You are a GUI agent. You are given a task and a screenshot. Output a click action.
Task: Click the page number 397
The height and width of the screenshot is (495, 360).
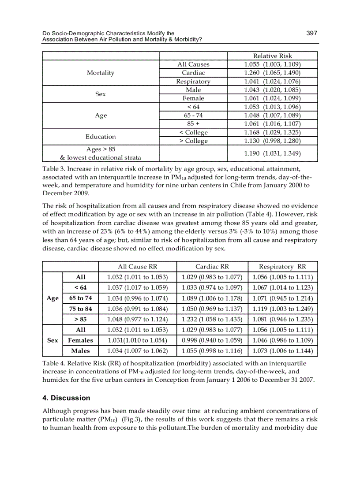pyautogui.click(x=312, y=33)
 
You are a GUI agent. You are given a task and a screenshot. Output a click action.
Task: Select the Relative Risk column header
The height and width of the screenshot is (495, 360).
pyautogui.click(x=272, y=56)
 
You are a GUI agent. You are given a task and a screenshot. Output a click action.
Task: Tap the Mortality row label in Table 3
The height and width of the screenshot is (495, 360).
pyautogui.click(x=101, y=73)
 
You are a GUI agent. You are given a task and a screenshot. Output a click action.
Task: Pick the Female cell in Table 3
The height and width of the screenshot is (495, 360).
pyautogui.click(x=193, y=98)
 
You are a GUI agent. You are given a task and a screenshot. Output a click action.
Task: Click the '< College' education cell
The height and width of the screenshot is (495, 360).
pyautogui.click(x=193, y=132)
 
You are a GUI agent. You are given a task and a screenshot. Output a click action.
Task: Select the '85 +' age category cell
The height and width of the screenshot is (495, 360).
pyautogui.click(x=193, y=123)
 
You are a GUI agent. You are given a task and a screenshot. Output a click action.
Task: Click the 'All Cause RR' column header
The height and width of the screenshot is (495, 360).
pyautogui.click(x=138, y=267)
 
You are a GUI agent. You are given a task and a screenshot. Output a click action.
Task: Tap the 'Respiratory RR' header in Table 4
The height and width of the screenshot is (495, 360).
pyautogui.click(x=282, y=267)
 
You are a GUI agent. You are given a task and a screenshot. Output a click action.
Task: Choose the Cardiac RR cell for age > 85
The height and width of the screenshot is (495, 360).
pyautogui.click(x=212, y=319)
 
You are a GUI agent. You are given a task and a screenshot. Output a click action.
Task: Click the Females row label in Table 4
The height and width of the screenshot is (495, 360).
pyautogui.click(x=80, y=340)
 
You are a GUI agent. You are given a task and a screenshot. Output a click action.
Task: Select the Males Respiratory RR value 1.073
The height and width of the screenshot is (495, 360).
pyautogui.click(x=282, y=351)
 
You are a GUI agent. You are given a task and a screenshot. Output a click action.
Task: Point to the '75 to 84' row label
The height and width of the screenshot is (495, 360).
pyautogui.click(x=80, y=309)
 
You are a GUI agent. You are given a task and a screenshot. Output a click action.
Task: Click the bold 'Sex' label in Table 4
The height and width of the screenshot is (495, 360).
pyautogui.click(x=52, y=340)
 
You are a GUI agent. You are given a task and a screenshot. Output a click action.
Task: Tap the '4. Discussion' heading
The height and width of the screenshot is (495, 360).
pyautogui.click(x=66, y=398)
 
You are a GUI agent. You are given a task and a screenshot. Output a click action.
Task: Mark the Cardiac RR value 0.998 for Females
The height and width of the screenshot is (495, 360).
pyautogui.click(x=212, y=340)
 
